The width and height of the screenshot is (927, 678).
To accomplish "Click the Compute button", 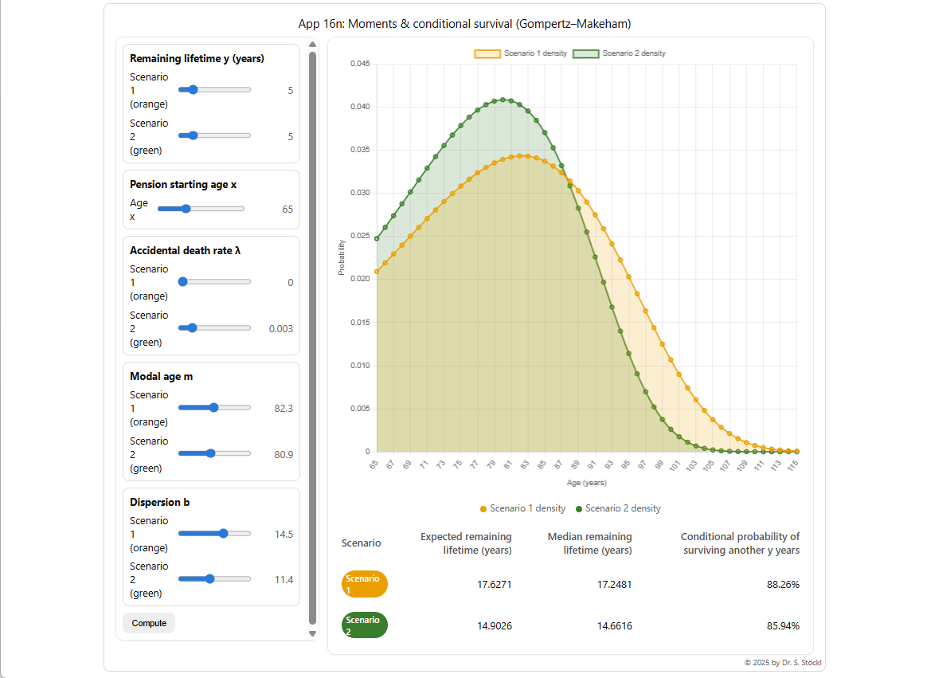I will pos(149,623).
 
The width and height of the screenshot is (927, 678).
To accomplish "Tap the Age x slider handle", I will pos(186,209).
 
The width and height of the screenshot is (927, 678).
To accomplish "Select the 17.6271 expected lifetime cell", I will pos(494,585).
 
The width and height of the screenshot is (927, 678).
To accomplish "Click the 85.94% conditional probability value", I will pos(783,626).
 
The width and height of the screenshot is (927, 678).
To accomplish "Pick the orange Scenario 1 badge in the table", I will pos(365,584).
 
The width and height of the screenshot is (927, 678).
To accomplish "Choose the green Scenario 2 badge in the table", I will pos(365,625).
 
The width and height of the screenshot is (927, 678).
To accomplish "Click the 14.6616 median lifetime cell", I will pos(614,626).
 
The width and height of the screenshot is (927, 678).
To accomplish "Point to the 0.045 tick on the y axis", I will pos(359,64).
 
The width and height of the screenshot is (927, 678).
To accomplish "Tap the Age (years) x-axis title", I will pos(586,483).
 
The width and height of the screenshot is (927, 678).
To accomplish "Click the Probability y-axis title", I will pos(342,257).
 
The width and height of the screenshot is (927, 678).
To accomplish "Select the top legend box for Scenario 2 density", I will pos(585,53).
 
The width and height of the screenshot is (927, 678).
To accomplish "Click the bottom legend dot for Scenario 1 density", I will pos(483,509).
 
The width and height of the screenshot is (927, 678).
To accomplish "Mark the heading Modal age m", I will pos(161,377).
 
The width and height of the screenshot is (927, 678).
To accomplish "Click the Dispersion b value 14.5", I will pos(284,535).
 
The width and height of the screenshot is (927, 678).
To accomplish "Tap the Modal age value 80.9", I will pos(283,455).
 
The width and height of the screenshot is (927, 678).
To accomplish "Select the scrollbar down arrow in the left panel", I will pos(312,633).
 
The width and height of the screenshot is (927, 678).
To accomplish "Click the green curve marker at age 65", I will pos(377,238).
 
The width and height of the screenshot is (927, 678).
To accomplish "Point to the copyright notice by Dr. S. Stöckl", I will pos(778,662).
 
